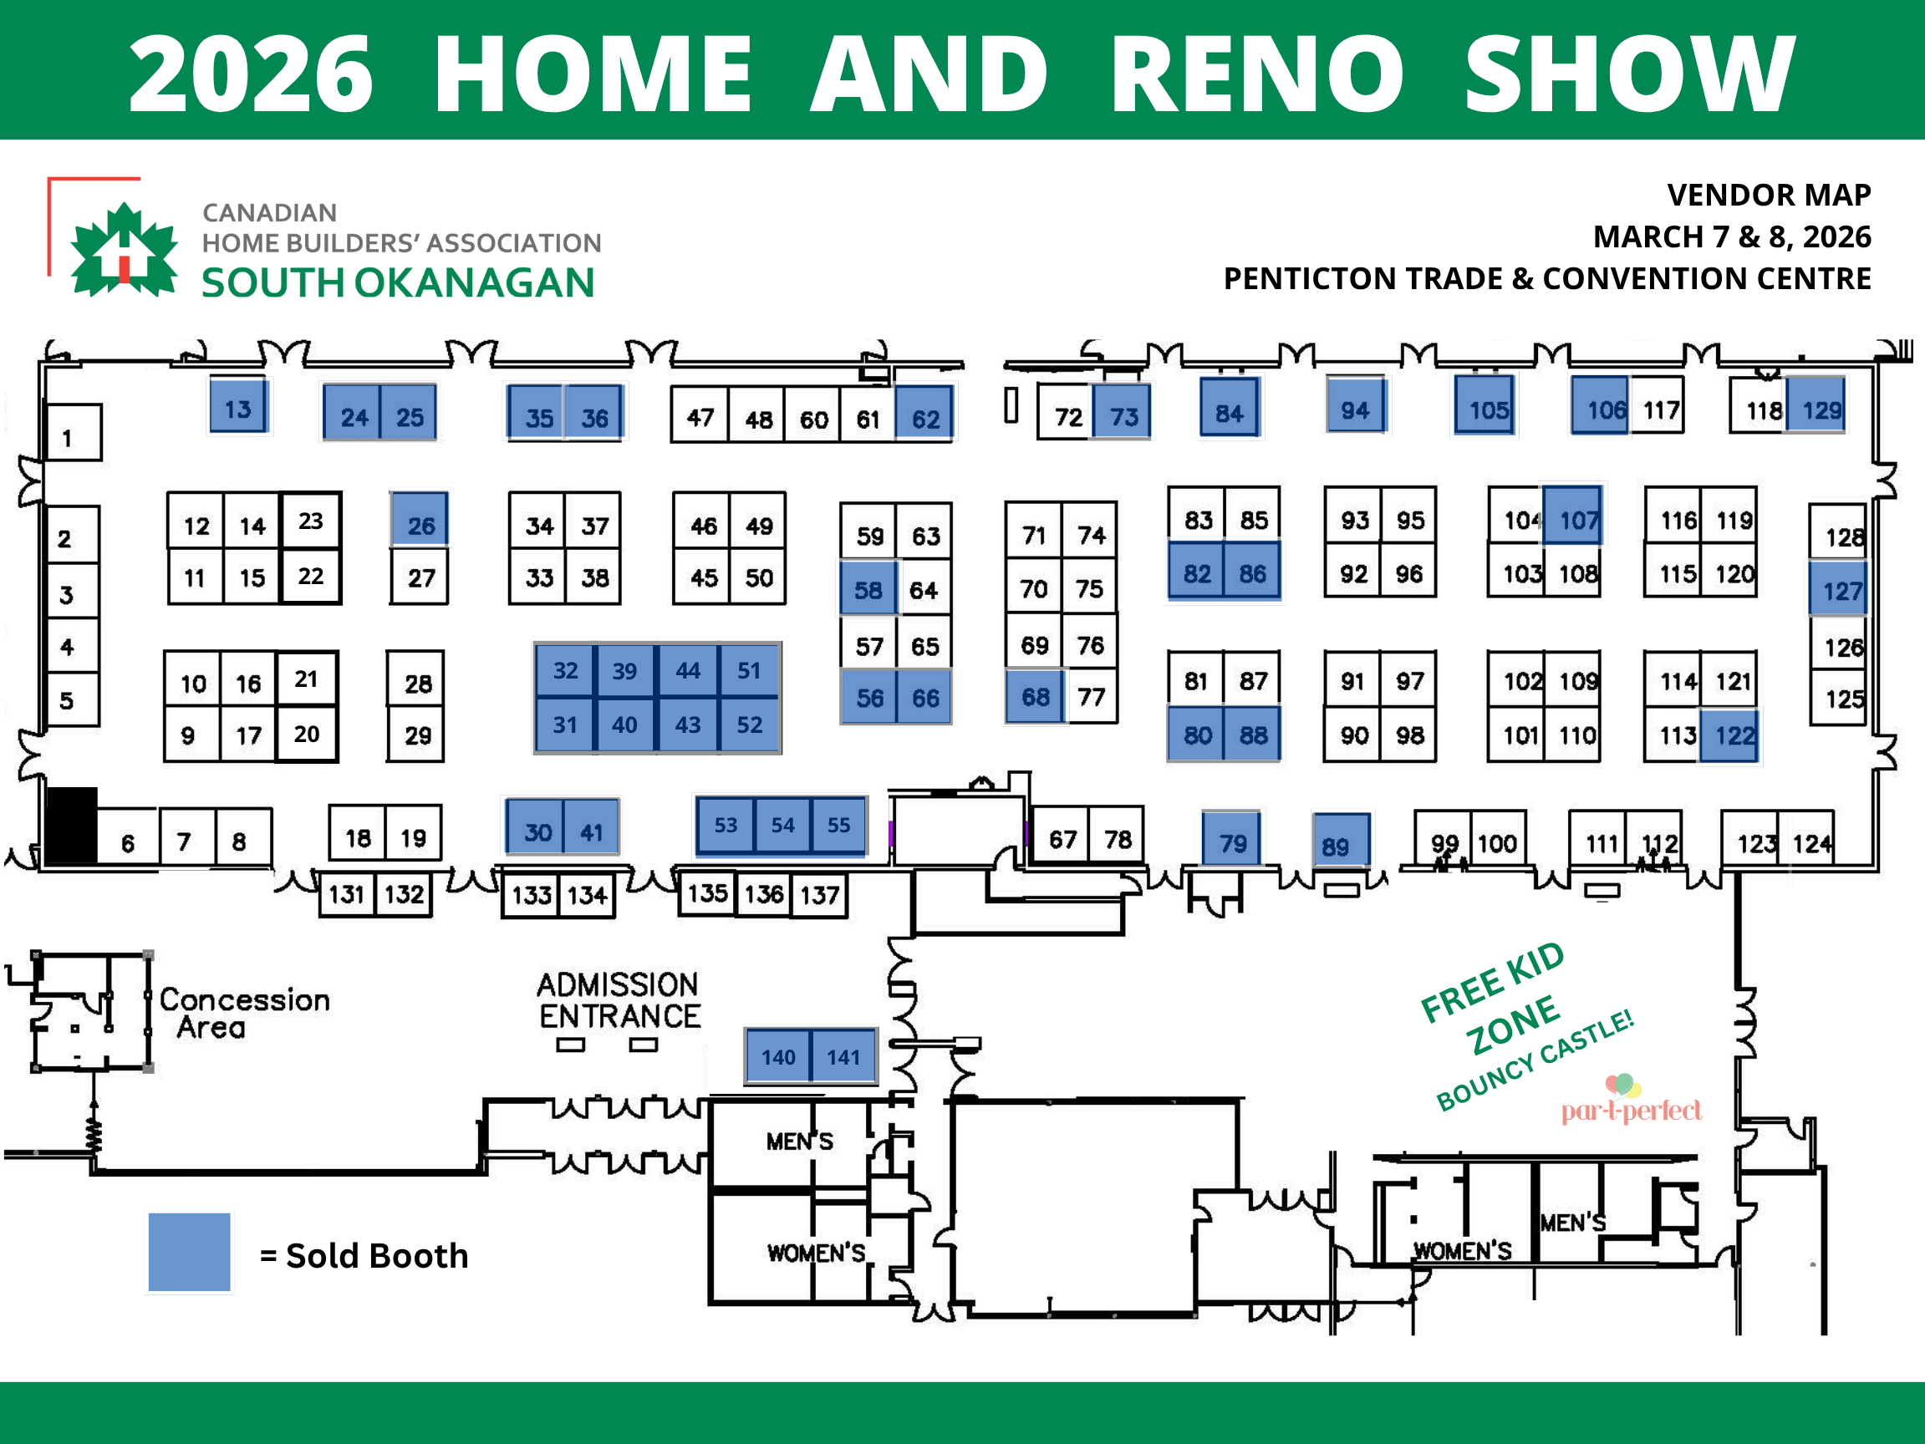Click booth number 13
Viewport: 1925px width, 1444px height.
point(237,407)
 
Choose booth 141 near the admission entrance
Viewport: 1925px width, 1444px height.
point(843,1056)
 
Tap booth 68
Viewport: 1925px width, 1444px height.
point(1034,696)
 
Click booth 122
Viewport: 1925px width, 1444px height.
point(1731,736)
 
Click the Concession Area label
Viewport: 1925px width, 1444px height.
point(244,1013)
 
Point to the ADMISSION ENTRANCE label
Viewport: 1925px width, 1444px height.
point(619,1000)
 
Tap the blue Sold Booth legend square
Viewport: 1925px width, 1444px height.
point(189,1252)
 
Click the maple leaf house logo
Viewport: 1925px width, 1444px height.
point(125,251)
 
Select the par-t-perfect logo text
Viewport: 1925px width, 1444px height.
point(1630,1111)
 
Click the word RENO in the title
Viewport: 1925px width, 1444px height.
point(1256,76)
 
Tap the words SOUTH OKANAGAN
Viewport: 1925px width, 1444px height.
point(398,283)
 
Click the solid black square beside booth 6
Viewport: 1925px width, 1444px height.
point(71,825)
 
